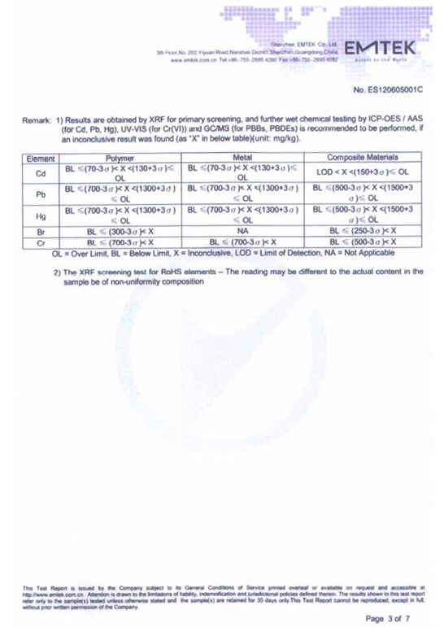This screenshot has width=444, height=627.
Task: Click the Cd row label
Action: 40,172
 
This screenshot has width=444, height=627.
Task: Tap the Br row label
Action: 40,231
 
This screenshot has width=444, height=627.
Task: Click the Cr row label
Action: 40,242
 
